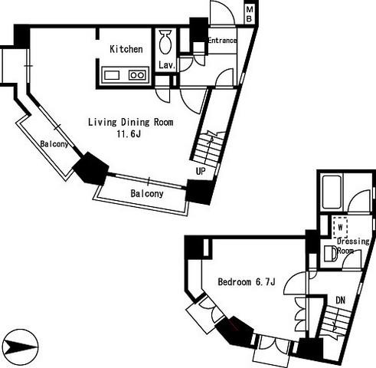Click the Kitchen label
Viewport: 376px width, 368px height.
point(126,49)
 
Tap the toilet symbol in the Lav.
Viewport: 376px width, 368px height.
point(165,42)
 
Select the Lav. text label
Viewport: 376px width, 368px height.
point(167,65)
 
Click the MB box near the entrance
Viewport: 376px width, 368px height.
point(250,15)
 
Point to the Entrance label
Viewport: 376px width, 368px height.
point(222,41)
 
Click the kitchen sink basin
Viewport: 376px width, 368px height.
point(112,75)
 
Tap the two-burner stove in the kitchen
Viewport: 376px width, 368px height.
point(137,75)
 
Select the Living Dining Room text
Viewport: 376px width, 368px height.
point(131,122)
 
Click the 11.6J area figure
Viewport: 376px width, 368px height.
point(129,134)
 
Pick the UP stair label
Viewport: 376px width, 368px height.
point(201,171)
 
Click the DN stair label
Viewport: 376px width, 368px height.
point(341,300)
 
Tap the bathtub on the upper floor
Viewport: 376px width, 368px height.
point(332,192)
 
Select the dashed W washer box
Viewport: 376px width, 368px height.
point(340,227)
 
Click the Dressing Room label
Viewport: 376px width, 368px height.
point(353,246)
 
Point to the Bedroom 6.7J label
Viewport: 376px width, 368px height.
point(247,282)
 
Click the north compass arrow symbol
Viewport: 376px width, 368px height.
point(21,347)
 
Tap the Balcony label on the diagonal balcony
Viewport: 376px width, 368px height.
point(54,144)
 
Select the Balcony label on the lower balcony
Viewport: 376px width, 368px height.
point(147,193)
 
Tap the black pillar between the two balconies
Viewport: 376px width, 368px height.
point(90,168)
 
